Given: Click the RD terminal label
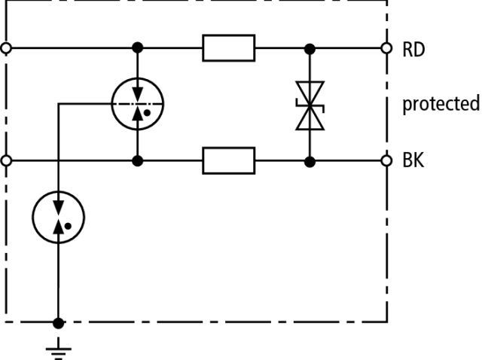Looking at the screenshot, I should point(413,49).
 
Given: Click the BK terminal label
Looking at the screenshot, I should point(413,161).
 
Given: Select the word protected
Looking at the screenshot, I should point(441,104).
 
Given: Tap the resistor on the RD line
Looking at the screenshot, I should point(228,48).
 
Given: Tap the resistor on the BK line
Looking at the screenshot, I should point(228,160).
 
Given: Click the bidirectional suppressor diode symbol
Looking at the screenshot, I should point(308,105).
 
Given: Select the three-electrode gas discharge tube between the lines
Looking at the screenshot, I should point(136,103).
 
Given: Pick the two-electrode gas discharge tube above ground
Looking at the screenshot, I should point(58,216).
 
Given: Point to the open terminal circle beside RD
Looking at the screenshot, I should point(386,48).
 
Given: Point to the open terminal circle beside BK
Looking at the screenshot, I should point(386,160).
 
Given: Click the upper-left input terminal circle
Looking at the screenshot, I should point(7,48).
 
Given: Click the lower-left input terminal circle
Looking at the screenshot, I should point(7,160).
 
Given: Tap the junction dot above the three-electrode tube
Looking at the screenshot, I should point(136,48).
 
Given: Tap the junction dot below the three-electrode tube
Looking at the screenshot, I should point(136,160).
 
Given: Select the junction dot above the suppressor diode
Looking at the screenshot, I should point(308,48).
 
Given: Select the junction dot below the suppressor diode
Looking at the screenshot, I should point(308,160).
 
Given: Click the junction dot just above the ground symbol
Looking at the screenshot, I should point(58,323).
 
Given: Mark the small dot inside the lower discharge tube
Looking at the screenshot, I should point(69,224).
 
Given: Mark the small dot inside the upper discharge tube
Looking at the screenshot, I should point(147,112).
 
